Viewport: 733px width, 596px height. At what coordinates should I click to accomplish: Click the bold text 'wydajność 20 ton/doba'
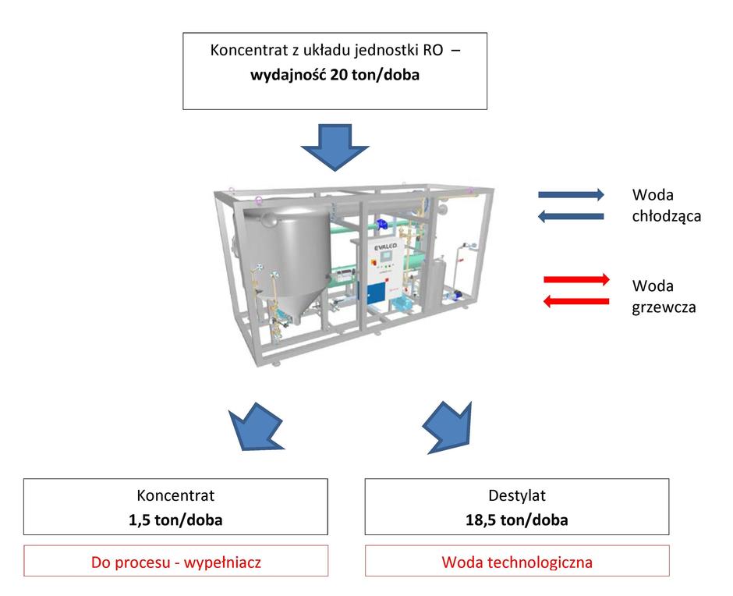[x=335, y=75]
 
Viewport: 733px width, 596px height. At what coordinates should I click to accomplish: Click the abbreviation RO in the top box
[x=433, y=50]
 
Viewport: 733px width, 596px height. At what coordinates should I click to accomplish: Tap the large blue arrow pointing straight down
[x=335, y=147]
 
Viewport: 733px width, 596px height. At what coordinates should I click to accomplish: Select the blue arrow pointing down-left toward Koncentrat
[x=256, y=427]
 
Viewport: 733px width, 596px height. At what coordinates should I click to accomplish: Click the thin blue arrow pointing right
[x=572, y=194]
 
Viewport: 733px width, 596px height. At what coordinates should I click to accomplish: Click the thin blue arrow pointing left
[x=571, y=216]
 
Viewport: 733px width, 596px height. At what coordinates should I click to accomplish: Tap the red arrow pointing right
[x=576, y=280]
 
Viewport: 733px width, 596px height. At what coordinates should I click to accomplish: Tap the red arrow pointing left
[x=576, y=301]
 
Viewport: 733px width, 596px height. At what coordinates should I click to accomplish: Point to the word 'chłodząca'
[x=667, y=217]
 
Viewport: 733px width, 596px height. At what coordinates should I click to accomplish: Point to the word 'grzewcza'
[x=664, y=307]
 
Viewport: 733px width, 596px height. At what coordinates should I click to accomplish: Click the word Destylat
[x=517, y=495]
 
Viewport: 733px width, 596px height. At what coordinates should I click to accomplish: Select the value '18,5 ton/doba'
[x=517, y=520]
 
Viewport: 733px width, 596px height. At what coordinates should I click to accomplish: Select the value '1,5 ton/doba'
[x=175, y=520]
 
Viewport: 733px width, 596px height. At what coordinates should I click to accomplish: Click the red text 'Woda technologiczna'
[x=517, y=562]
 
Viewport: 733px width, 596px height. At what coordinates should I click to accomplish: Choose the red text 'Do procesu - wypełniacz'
[x=175, y=562]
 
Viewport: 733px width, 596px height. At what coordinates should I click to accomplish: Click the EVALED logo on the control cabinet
[x=385, y=246]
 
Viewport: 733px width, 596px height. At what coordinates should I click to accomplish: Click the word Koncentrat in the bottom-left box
[x=175, y=495]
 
